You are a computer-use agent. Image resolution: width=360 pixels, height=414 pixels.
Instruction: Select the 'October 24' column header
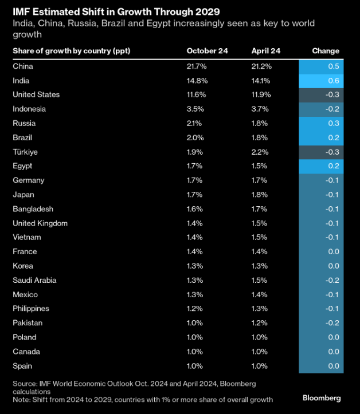pos(207,51)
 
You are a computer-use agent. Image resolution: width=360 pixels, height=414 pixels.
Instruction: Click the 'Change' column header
pos(325,51)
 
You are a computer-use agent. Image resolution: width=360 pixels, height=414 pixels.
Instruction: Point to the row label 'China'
pos(23,66)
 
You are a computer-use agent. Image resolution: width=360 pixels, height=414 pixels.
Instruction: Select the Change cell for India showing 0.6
pos(321,81)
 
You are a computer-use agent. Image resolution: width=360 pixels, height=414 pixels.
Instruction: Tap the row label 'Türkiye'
pos(26,152)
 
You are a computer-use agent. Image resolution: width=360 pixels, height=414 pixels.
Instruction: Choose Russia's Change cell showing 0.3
pos(321,124)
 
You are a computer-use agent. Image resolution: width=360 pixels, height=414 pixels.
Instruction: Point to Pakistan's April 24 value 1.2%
pos(260,323)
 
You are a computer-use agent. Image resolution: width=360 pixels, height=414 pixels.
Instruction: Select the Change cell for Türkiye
pos(321,152)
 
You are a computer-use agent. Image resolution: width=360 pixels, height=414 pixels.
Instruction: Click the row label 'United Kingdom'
pos(40,223)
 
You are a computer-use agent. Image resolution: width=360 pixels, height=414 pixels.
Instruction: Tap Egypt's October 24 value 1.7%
pos(195,166)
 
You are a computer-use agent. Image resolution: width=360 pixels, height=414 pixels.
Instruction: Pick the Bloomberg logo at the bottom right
pos(322,397)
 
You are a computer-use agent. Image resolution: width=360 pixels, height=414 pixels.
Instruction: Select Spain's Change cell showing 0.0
pos(321,366)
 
